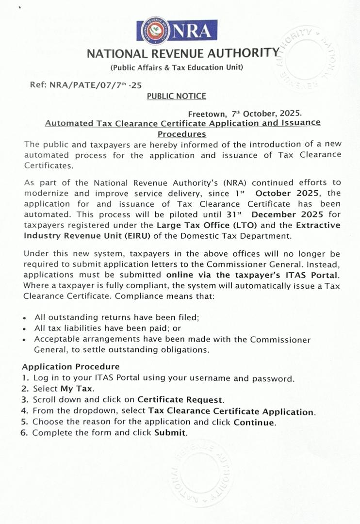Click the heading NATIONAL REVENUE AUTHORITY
tap(183, 53)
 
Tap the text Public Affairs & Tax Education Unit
tap(177, 67)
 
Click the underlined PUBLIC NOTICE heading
tap(176, 96)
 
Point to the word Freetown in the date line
tap(207, 114)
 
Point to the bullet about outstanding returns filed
tap(117, 317)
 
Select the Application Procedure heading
tap(71, 367)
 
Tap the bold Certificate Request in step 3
tap(180, 400)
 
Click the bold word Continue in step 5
tap(254, 422)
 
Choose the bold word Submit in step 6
tap(170, 433)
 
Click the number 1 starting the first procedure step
tap(24, 378)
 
